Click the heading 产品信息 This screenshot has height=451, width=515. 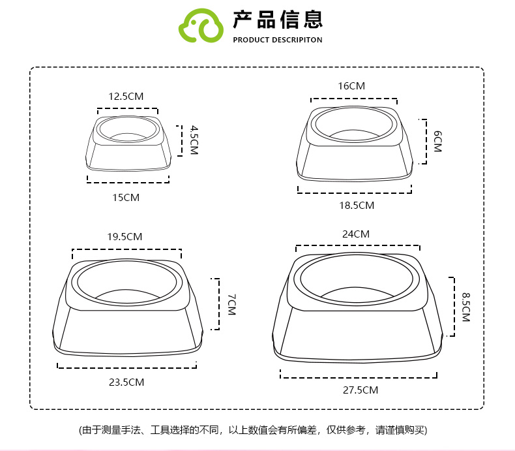[x=278, y=20]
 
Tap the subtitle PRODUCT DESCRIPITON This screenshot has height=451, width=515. [x=278, y=40]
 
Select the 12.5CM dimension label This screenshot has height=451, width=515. [x=126, y=96]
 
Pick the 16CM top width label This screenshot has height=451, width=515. [x=351, y=86]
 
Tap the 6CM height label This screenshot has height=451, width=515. [x=437, y=141]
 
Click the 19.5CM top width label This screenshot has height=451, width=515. [x=125, y=236]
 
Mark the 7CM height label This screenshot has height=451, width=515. [x=231, y=305]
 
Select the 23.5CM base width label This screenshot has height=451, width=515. [x=126, y=382]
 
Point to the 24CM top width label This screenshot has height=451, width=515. [x=356, y=234]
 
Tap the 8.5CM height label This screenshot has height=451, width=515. [x=466, y=307]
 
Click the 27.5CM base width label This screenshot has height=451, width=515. [x=360, y=390]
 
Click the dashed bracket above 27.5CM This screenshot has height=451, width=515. [x=358, y=375]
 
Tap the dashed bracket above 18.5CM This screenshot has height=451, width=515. [x=355, y=191]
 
